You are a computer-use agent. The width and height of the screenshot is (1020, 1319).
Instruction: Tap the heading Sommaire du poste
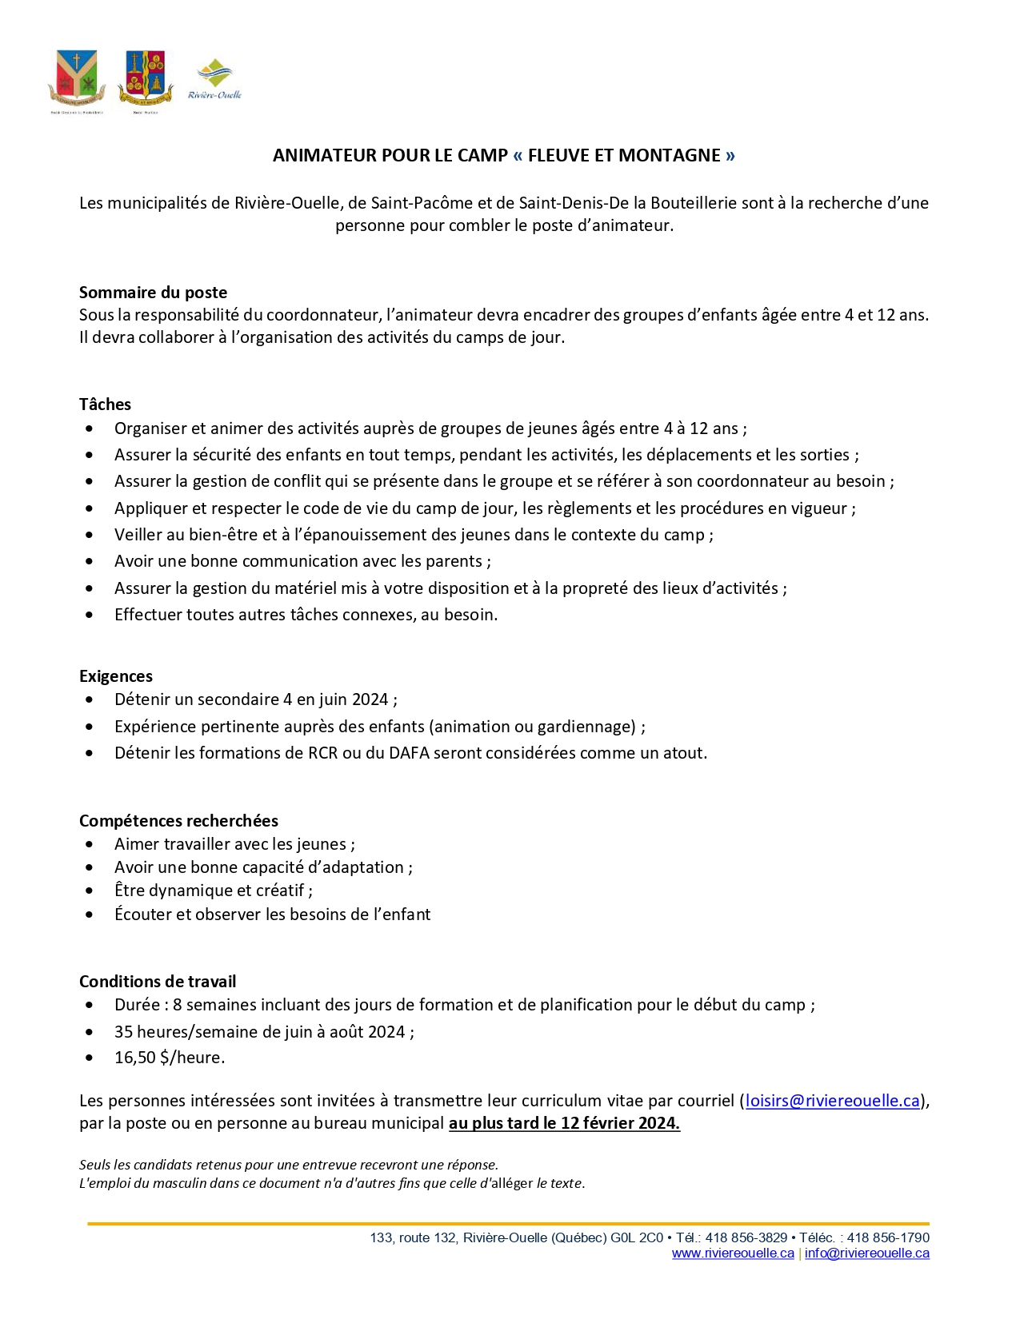click(x=153, y=293)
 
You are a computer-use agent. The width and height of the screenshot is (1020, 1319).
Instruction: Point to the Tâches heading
click(x=105, y=404)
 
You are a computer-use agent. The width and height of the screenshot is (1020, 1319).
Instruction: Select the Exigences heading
click(x=116, y=676)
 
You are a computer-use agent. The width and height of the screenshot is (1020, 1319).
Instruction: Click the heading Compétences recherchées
click(x=178, y=821)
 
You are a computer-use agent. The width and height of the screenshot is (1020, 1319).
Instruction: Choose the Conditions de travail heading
click(x=158, y=982)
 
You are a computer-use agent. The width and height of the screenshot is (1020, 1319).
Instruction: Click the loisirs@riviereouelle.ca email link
click(x=832, y=1101)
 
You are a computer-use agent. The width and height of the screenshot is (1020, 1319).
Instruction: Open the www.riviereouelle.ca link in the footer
click(x=733, y=1253)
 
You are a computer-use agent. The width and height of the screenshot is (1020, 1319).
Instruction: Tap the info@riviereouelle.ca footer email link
click(x=866, y=1253)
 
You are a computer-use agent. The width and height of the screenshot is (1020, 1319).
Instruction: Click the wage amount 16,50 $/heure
click(x=170, y=1058)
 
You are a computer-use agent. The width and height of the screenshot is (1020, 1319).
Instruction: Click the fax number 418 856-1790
click(x=888, y=1237)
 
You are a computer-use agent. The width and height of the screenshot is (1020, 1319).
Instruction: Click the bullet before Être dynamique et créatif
click(x=90, y=891)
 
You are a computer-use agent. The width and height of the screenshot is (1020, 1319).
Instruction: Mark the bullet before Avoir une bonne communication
click(x=90, y=562)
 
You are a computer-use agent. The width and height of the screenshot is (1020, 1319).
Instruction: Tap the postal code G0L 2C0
click(x=637, y=1237)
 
